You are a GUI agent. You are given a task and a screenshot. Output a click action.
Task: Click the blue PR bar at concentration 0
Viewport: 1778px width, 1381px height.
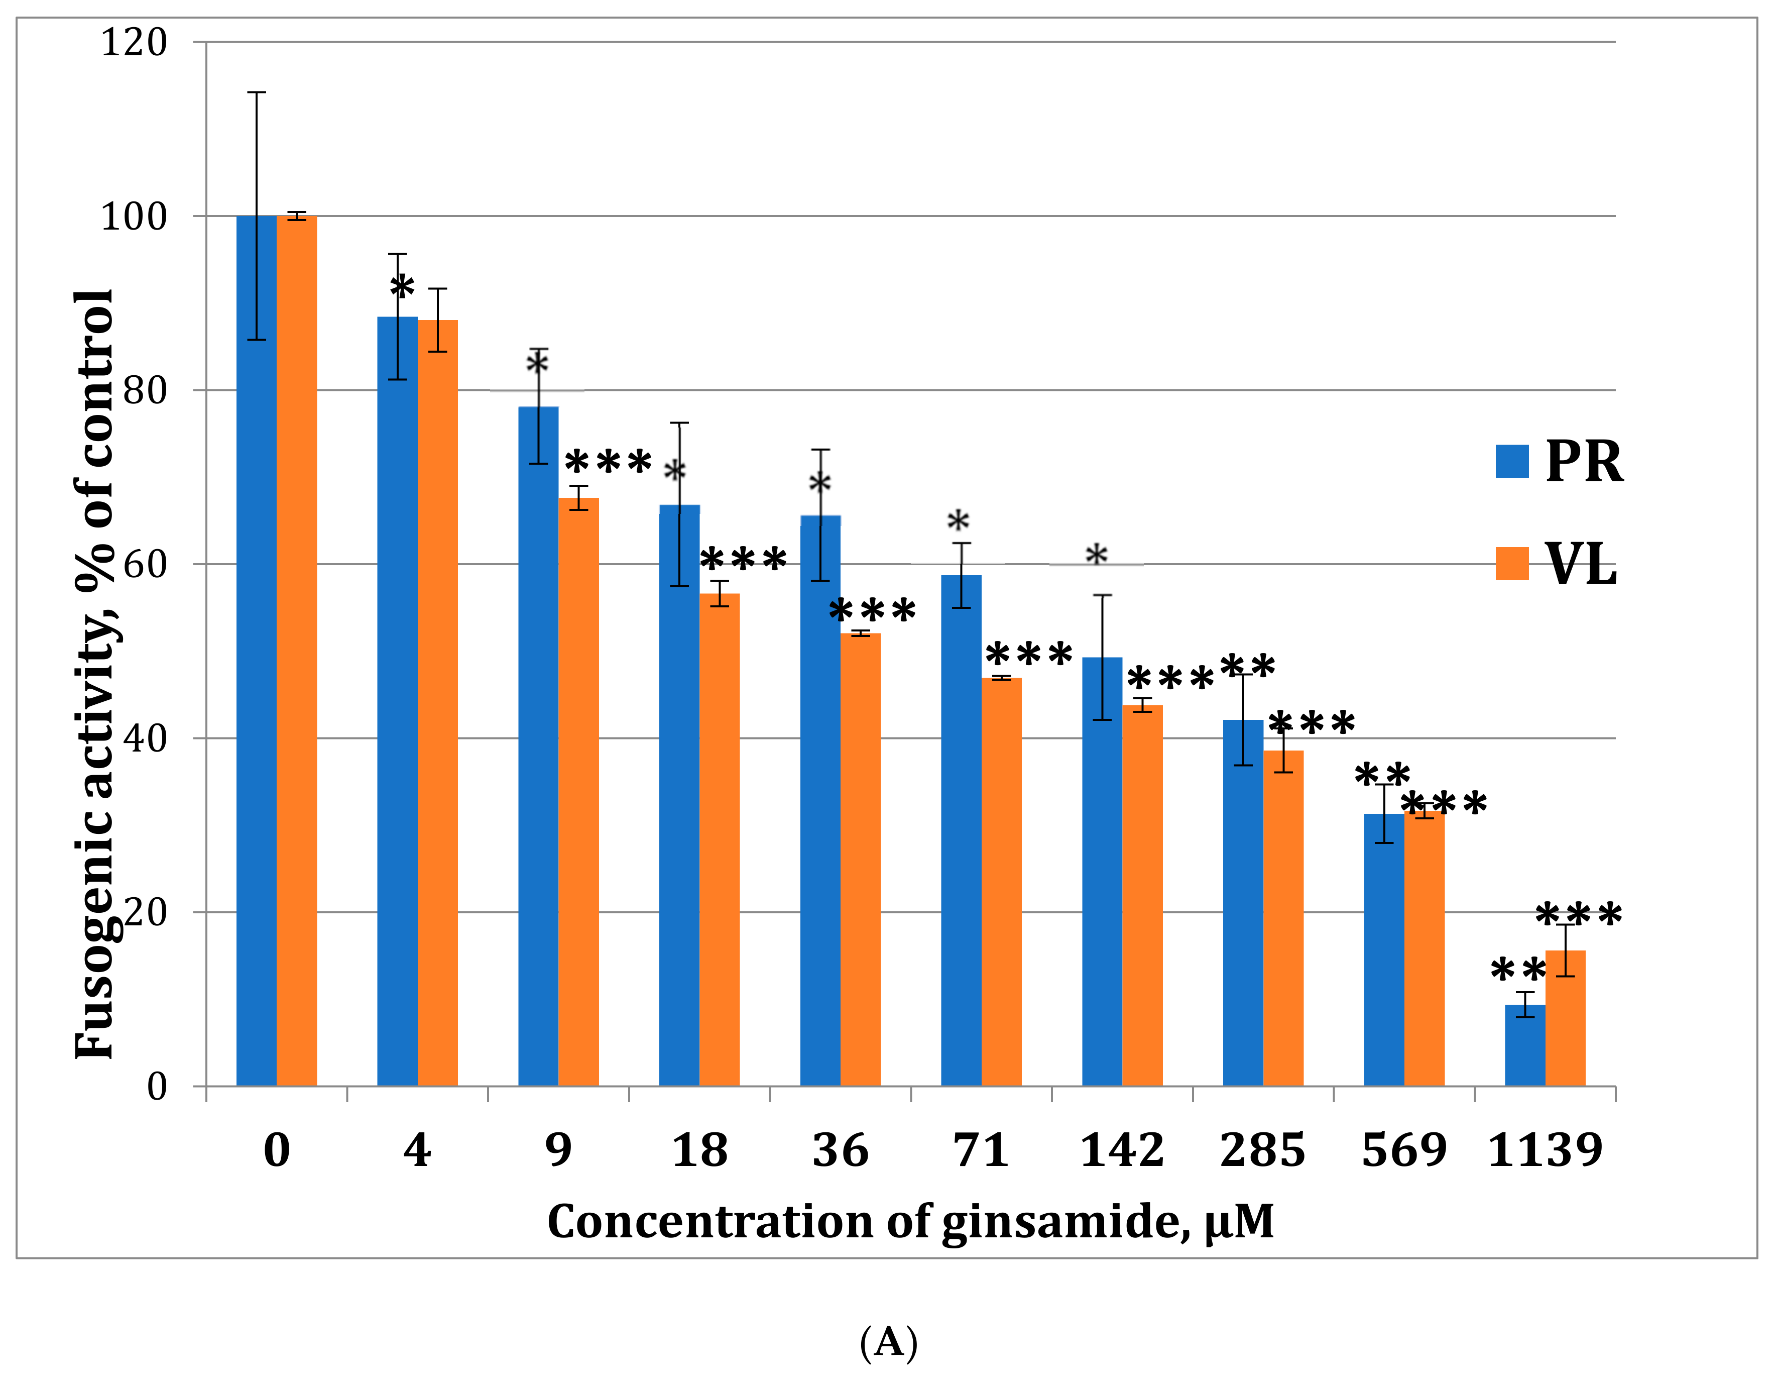256,652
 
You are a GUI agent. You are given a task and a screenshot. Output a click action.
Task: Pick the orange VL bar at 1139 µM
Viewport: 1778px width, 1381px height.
1565,1018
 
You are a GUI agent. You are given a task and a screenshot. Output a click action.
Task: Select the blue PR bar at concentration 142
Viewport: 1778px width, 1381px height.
1102,871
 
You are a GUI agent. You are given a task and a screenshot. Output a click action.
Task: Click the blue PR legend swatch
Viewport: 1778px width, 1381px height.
1512,461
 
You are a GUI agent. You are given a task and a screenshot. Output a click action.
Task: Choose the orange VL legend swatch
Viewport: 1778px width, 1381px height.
1512,564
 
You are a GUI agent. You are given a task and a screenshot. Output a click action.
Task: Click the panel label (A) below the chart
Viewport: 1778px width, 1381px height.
888,1342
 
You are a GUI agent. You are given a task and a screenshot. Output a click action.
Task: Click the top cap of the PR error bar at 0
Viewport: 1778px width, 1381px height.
257,93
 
